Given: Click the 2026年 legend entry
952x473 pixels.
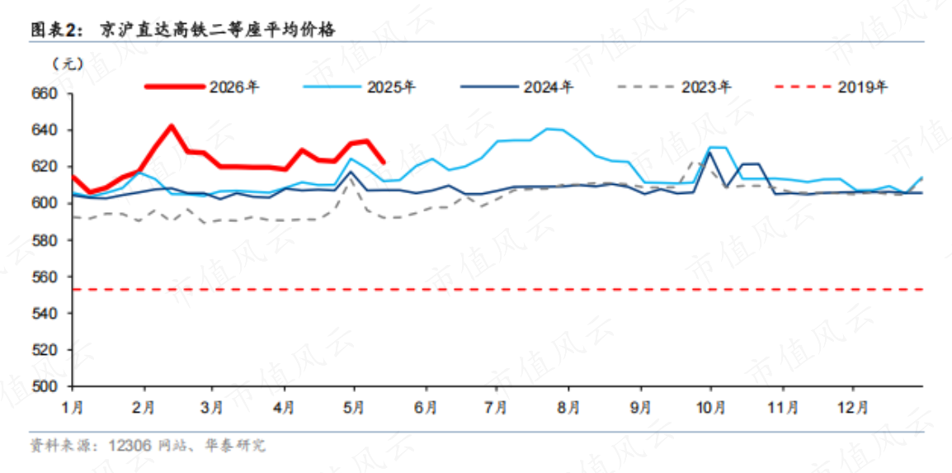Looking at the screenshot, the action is pos(203,87).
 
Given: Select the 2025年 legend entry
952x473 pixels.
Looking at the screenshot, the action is pos(360,87).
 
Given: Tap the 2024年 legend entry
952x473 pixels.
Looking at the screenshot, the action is pos(516,87).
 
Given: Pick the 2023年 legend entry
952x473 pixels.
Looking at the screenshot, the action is pos(674,87).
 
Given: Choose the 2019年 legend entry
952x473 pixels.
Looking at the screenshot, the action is pos(832,87).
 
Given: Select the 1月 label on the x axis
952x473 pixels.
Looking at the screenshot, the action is pos(73,405).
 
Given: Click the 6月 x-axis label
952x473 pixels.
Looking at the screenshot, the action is pos(427,405).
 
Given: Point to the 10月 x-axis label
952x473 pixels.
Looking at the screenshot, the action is pos(710,405).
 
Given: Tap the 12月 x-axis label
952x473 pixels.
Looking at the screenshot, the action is pos(852,405).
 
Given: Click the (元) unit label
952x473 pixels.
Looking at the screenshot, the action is pos(68,63).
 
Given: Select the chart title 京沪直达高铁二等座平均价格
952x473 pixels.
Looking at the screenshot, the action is pos(217,30).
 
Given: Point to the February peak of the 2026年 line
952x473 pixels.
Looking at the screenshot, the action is pos(172,126).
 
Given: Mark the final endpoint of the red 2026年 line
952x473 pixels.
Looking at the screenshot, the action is pos(383,162).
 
